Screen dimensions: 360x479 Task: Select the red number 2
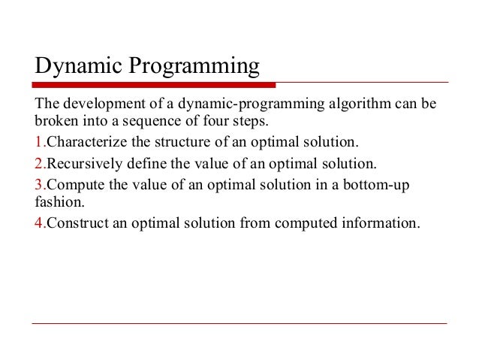(x=39, y=163)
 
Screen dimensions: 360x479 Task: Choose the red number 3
(x=39, y=183)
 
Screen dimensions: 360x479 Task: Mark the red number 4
(x=39, y=224)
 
